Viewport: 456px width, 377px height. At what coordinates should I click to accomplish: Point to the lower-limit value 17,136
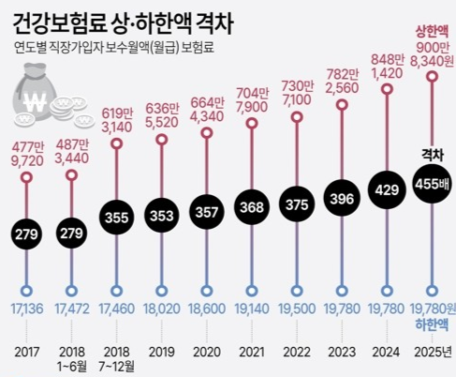click(x=28, y=308)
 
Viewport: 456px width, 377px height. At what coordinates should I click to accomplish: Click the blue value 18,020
click(x=163, y=308)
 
